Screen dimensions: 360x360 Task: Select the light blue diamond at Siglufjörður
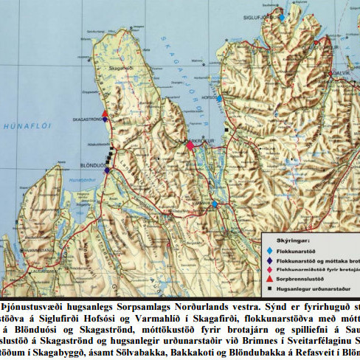tap(281, 16)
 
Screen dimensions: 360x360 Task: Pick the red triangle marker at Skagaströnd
tap(105, 114)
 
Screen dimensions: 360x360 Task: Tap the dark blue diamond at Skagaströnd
tap(105, 120)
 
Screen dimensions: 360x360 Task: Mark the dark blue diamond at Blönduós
tap(107, 170)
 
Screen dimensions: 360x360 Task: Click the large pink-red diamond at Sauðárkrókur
tap(190, 145)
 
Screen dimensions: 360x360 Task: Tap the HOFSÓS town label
tap(209, 97)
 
